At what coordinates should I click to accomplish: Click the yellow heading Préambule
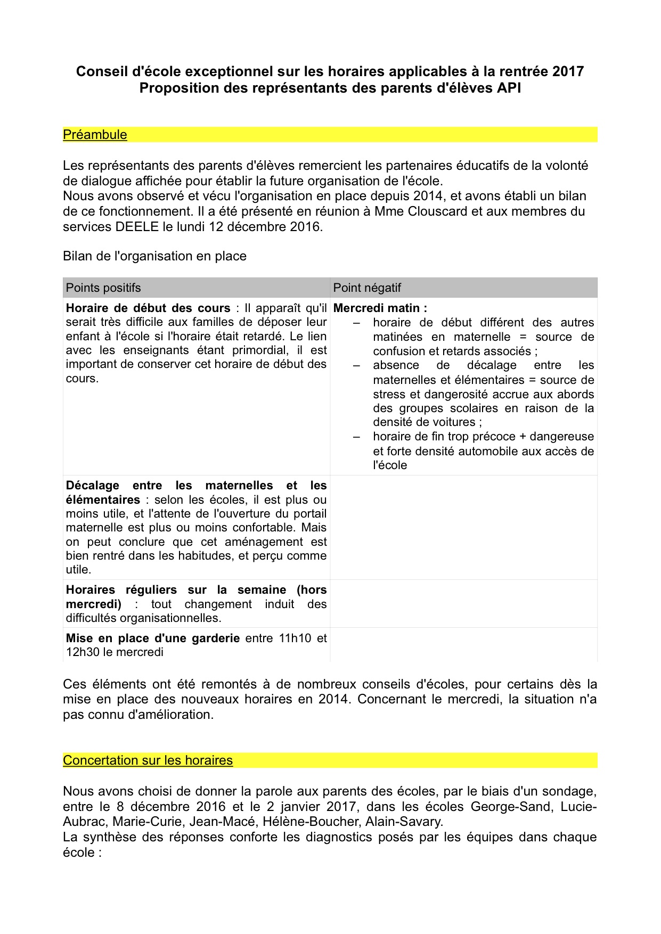95,135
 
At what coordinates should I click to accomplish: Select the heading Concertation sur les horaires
148,760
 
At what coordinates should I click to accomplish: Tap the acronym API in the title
509,88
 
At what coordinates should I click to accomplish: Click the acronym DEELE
137,226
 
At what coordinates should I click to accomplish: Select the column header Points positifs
103,288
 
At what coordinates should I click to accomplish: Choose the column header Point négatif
367,288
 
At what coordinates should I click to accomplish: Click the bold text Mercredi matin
380,308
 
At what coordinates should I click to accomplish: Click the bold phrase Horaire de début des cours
148,308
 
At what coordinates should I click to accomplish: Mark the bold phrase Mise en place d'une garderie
152,638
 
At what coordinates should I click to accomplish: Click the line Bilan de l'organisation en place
154,256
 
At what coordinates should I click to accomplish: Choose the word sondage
568,791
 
